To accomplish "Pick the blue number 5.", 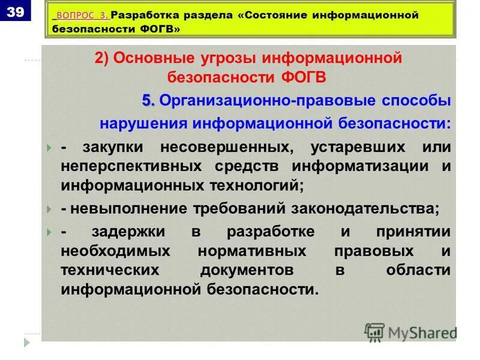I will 148,101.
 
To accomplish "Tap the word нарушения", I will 143,124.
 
